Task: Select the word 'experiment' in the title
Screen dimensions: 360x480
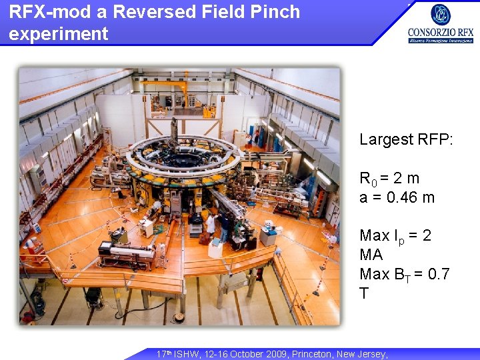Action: click(x=59, y=34)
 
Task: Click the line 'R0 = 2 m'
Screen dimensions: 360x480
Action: click(x=389, y=179)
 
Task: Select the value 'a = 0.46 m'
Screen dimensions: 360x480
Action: click(x=397, y=197)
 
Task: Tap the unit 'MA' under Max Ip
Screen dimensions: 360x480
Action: click(x=371, y=255)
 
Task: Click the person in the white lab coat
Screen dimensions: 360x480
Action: click(x=211, y=225)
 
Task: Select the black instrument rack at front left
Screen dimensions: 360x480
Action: click(x=127, y=253)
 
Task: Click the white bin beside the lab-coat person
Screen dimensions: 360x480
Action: click(x=215, y=248)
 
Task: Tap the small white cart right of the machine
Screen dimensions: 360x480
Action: click(x=268, y=235)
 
